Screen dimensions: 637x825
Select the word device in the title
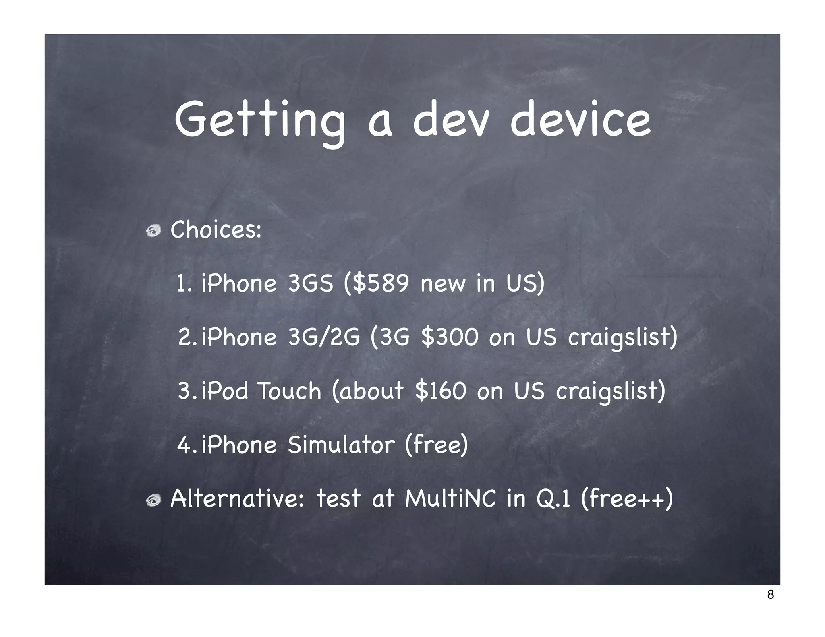tap(580, 120)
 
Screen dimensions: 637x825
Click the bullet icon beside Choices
tap(153, 231)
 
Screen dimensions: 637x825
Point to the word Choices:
tap(216, 230)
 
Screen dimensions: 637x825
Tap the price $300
tap(449, 337)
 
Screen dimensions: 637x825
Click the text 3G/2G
tap(324, 337)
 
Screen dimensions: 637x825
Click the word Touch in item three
tap(289, 391)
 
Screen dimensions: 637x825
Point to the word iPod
tap(225, 391)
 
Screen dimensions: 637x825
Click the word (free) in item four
tap(436, 445)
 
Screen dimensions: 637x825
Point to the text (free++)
tap(627, 499)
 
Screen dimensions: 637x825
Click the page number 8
tap(770, 594)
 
